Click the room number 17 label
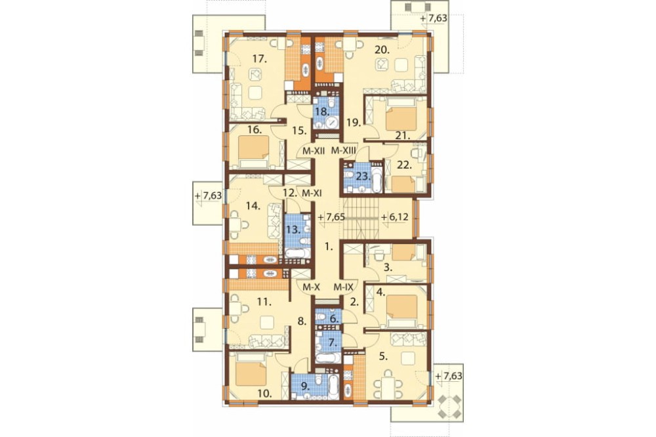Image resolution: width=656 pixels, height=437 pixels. tap(259, 59)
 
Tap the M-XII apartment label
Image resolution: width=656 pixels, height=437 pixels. tap(314, 150)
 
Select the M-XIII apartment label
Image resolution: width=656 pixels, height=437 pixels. tap(344, 150)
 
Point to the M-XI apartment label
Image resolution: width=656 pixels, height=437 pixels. tap(311, 194)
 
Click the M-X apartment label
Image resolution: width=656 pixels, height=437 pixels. tap(311, 287)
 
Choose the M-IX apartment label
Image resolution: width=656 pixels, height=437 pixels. tap(344, 287)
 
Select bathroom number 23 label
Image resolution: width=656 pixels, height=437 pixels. tap(363, 177)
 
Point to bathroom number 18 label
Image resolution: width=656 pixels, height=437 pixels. tap(322, 112)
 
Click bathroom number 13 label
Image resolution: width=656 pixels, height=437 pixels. tap(293, 230)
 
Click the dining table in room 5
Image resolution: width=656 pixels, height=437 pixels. tap(389, 387)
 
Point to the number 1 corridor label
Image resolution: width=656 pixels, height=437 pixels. tap(329, 247)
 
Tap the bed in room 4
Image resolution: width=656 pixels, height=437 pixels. tap(401, 310)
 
